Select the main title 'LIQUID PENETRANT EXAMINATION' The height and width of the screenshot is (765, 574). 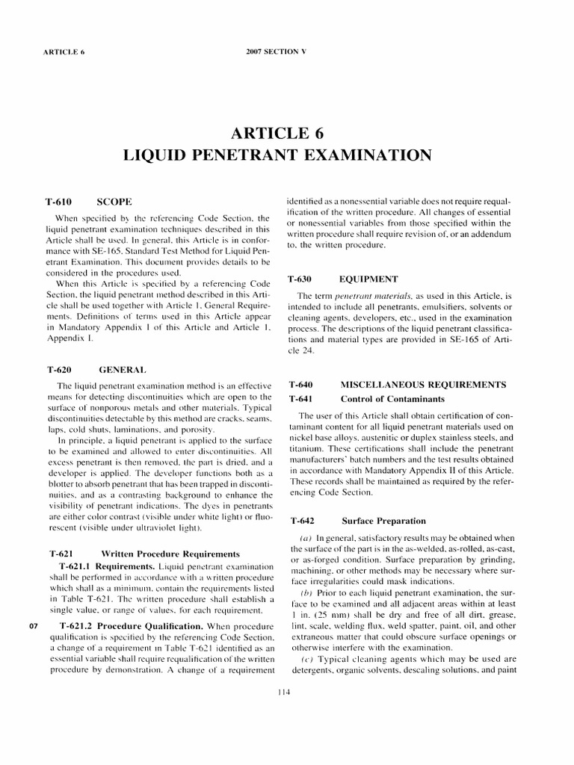click(x=277, y=155)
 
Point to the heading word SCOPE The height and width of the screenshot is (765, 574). click(x=114, y=202)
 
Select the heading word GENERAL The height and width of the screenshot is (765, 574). click(x=122, y=369)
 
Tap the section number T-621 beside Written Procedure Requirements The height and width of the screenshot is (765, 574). click(x=61, y=554)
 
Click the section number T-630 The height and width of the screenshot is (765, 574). click(x=300, y=279)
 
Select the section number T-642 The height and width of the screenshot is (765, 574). click(x=300, y=520)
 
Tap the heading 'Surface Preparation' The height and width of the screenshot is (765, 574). click(x=383, y=520)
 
